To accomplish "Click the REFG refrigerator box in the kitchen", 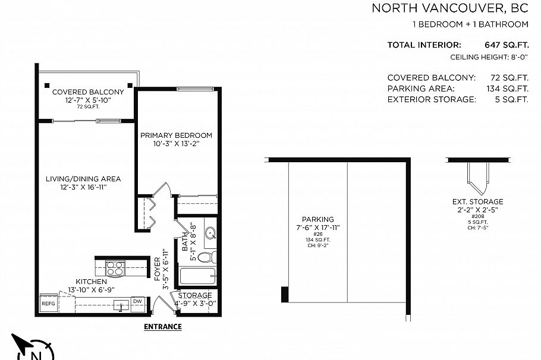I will coord(48,304).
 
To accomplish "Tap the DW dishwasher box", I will coord(137,302).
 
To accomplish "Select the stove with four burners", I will coord(114,269).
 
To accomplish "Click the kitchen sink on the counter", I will coord(122,306).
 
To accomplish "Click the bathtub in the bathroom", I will coord(197,277).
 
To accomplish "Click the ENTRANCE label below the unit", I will coord(163,327).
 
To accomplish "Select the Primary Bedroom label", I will coord(176,135).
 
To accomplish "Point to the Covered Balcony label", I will coord(88,92).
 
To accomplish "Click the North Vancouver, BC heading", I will coord(449,8).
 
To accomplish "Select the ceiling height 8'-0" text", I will coord(489,58).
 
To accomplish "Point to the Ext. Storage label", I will coord(477,202).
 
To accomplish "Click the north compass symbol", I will coord(33,350).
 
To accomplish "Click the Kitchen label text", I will coord(91,281).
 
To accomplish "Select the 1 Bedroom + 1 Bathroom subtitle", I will coord(470,24).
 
